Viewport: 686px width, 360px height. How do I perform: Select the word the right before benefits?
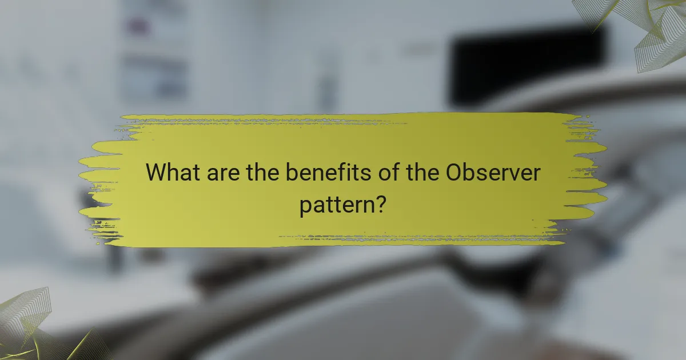[x=263, y=173]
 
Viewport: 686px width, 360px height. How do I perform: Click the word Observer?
[x=492, y=173]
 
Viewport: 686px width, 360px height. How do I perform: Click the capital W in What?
[x=156, y=173]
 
